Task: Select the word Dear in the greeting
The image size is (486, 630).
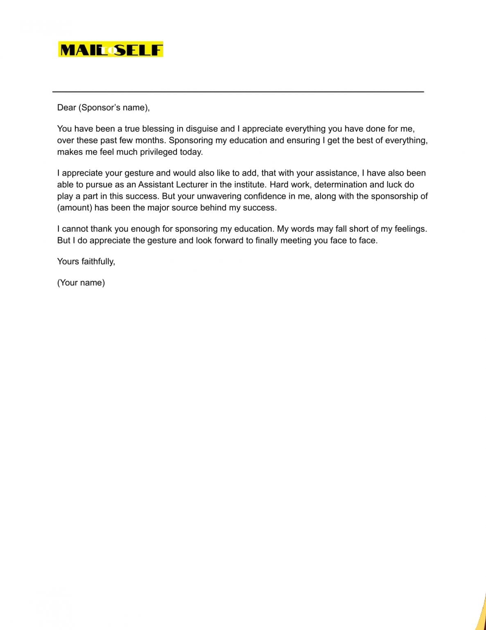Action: pyautogui.click(x=66, y=107)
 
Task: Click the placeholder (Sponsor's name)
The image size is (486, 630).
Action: pyautogui.click(x=113, y=107)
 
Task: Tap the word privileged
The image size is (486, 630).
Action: pyautogui.click(x=158, y=152)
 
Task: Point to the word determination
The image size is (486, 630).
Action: pyautogui.click(x=340, y=185)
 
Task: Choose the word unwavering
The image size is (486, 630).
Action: pyautogui.click(x=219, y=196)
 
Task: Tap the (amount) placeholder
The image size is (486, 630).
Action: pyautogui.click(x=75, y=208)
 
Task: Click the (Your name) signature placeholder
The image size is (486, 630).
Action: pyautogui.click(x=81, y=283)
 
